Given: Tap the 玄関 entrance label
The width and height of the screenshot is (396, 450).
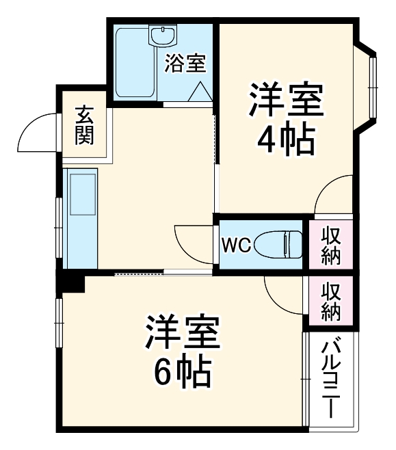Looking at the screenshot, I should (x=85, y=125).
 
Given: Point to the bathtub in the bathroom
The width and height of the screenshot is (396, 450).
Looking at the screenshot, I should (x=135, y=63).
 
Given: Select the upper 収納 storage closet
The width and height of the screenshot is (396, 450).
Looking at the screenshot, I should (x=332, y=245).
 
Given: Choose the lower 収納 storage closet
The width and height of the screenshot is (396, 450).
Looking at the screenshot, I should (x=332, y=301).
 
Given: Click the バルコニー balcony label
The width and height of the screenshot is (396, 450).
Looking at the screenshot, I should (x=330, y=380).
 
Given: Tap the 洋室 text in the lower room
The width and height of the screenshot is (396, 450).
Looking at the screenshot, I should (x=181, y=333).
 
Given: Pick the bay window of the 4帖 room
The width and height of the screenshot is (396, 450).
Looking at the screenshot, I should (x=372, y=86).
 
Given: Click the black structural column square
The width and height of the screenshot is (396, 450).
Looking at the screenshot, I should (x=70, y=281).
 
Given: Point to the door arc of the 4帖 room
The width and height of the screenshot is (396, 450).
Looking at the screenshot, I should (x=332, y=194).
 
